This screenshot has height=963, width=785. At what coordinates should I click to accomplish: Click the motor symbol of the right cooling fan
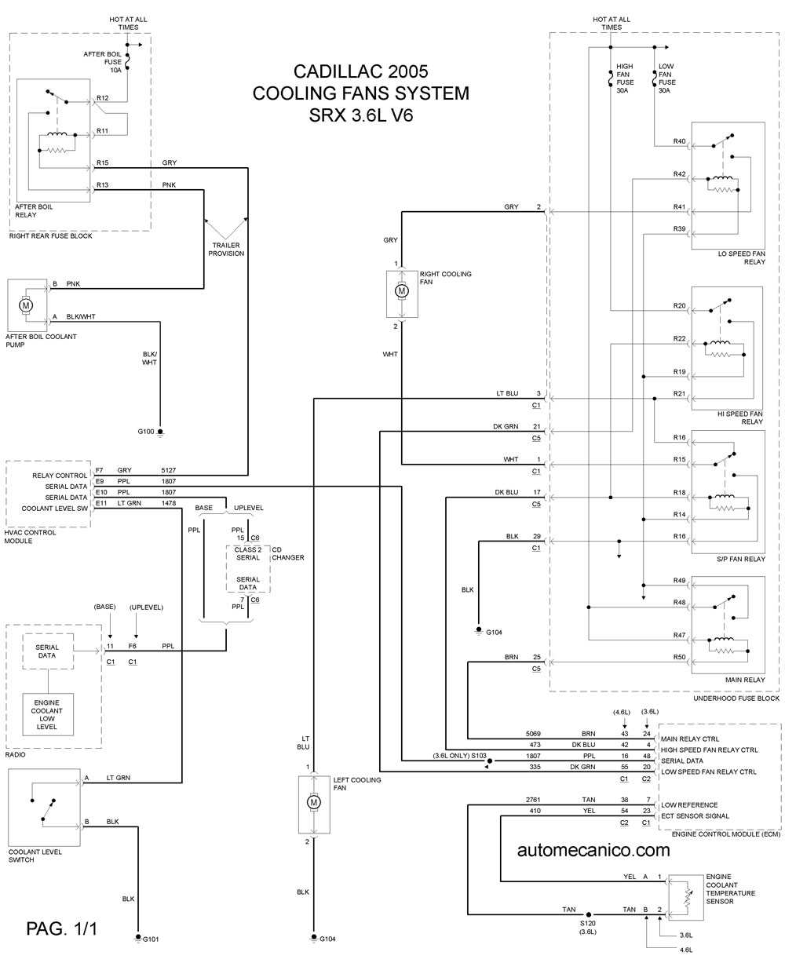click(x=402, y=291)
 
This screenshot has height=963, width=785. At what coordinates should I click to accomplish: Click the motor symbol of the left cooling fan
click(x=314, y=802)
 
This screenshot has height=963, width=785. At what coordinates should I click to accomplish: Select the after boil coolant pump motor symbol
click(x=26, y=305)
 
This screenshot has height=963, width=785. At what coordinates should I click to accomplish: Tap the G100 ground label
click(x=145, y=432)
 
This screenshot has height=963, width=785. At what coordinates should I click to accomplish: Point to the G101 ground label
click(x=151, y=939)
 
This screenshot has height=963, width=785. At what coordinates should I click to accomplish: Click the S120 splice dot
click(x=588, y=914)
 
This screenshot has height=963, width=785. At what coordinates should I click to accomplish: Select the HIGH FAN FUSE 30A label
click(x=625, y=78)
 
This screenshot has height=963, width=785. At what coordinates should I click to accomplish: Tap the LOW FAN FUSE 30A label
click(x=667, y=78)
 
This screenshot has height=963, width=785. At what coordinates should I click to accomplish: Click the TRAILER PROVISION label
click(x=226, y=249)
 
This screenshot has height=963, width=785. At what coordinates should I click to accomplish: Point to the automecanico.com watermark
click(x=593, y=851)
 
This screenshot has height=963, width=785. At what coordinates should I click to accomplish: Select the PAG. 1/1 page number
click(x=61, y=928)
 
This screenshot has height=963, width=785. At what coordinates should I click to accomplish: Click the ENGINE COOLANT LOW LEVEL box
click(x=48, y=715)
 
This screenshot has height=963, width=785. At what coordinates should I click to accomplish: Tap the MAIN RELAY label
click(x=745, y=680)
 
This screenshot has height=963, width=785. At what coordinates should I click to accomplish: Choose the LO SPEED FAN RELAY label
click(x=742, y=257)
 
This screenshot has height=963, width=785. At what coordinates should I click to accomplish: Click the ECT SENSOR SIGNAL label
click(x=695, y=816)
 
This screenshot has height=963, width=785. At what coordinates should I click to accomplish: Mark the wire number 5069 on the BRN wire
click(x=533, y=734)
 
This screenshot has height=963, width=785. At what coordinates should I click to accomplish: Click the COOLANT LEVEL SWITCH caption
click(x=35, y=855)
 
